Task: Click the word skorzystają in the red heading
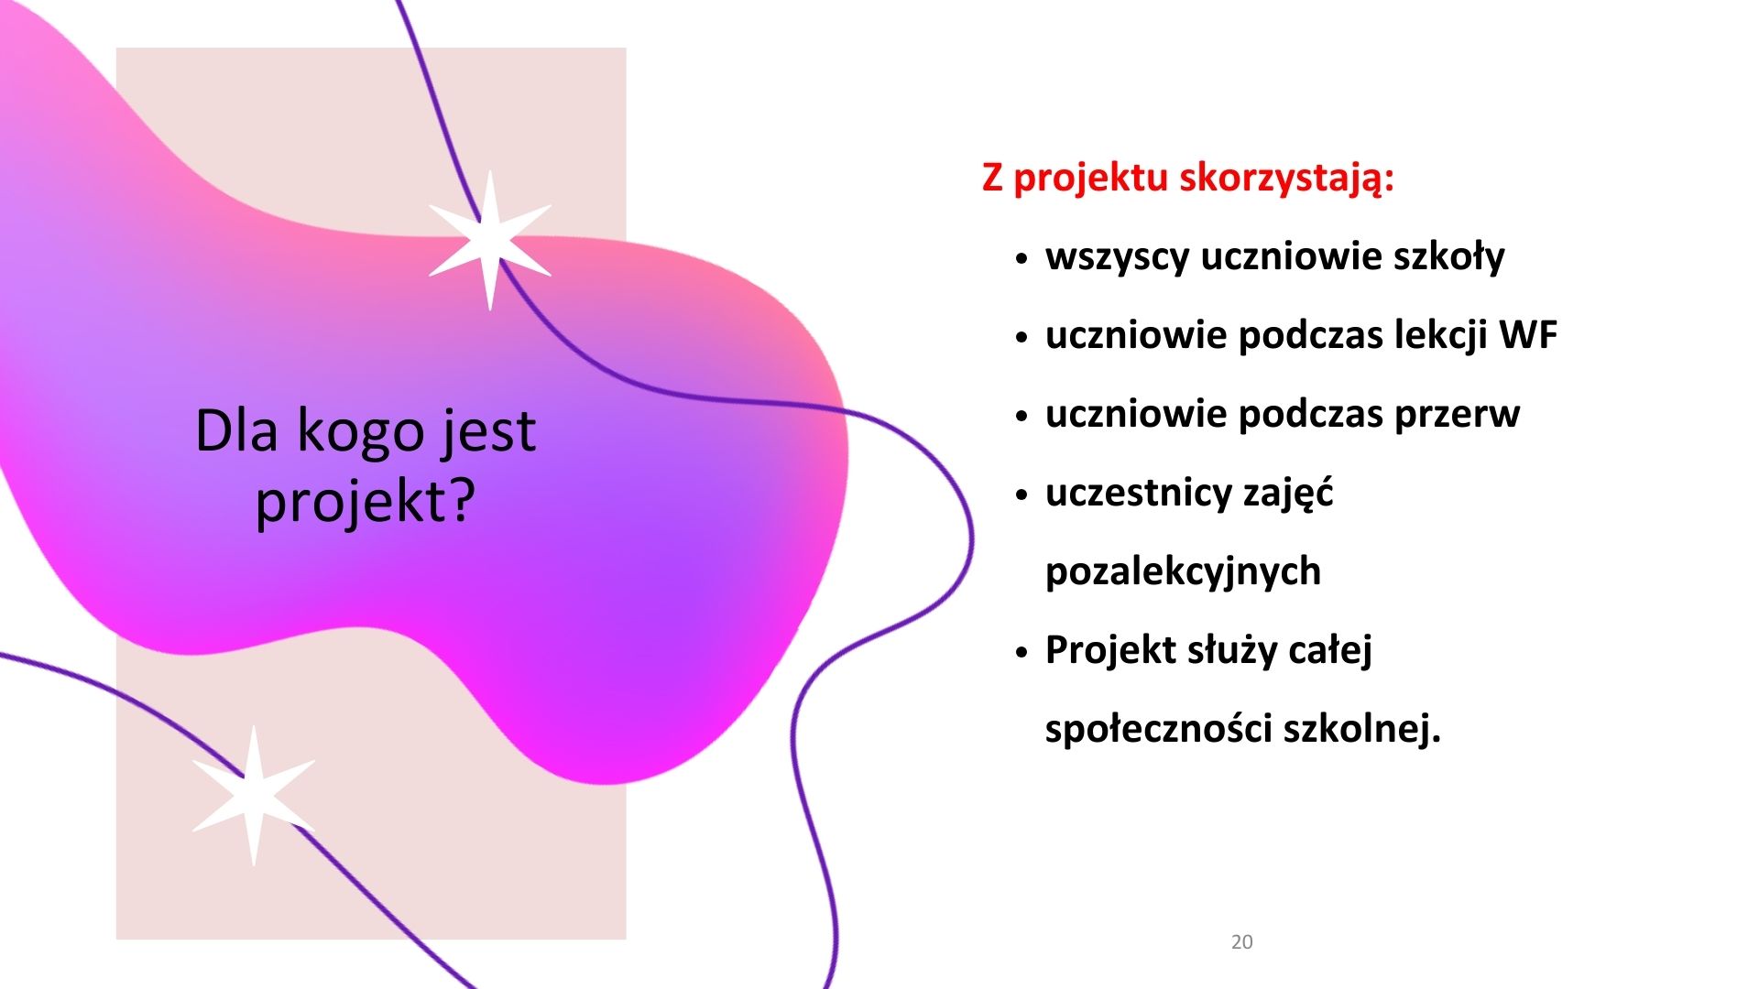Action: (1286, 179)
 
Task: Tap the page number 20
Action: (1241, 941)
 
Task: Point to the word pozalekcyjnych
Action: (1183, 572)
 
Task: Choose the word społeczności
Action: (1158, 729)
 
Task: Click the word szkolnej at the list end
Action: (1360, 729)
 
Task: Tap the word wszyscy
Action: (1117, 257)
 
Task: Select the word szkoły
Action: (1448, 255)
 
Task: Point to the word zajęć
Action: (1287, 494)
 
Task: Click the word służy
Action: (1231, 651)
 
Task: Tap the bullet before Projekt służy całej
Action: (1023, 653)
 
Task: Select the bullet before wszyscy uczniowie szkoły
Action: (1023, 259)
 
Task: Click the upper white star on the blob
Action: (490, 240)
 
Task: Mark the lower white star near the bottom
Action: (254, 796)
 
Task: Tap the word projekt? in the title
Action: (366, 502)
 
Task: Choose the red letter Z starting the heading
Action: (992, 178)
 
